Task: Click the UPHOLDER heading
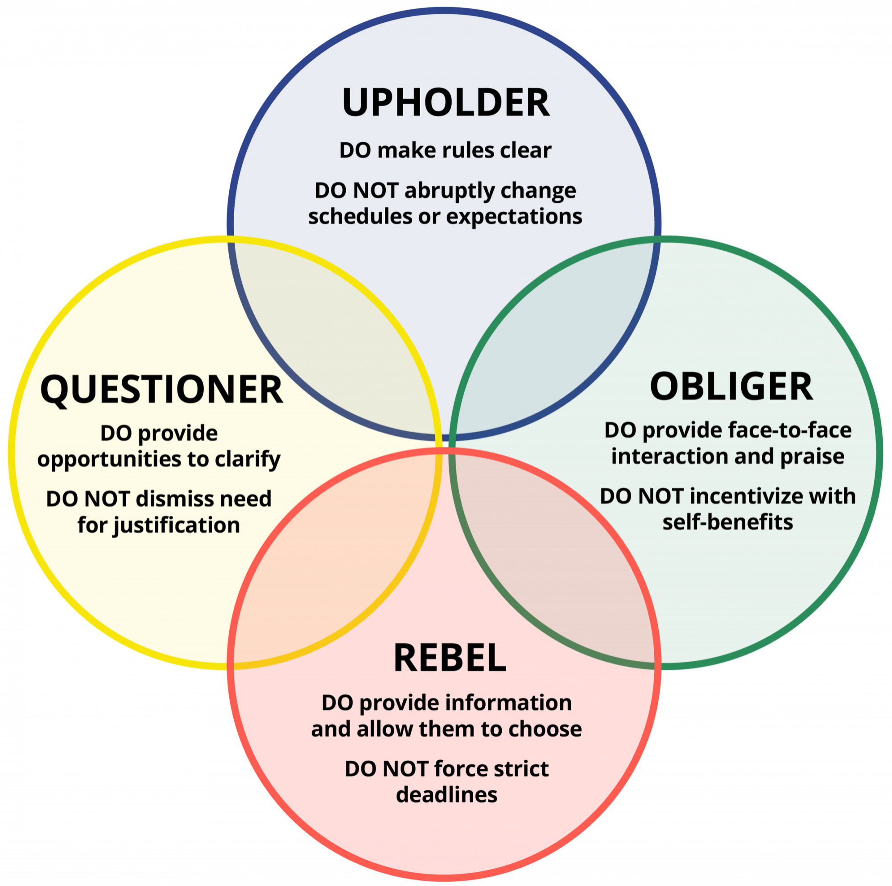(x=446, y=102)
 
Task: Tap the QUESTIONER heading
(x=161, y=390)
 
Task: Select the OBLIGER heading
(x=731, y=387)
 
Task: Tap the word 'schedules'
(x=359, y=217)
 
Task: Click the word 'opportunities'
(x=109, y=459)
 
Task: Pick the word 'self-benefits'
(x=727, y=523)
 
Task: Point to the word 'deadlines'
(x=446, y=795)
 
